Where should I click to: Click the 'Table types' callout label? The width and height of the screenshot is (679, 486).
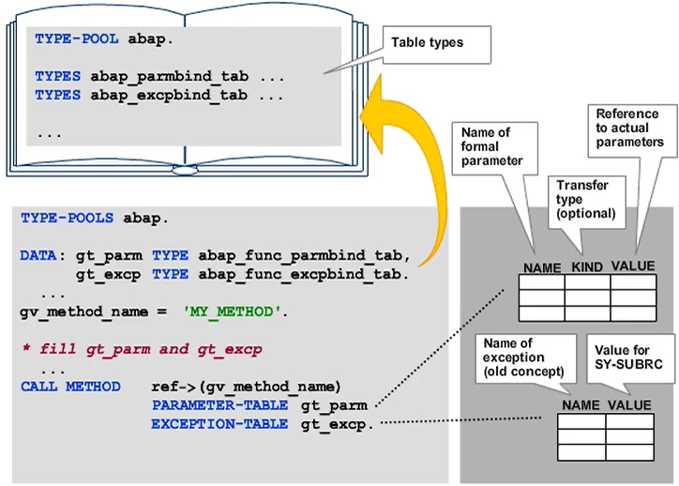pos(428,42)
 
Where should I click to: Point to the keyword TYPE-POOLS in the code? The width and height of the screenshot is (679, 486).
pos(65,218)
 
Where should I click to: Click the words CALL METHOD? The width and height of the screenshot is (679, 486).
pos(70,387)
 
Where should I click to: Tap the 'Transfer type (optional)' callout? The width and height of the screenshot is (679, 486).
pos(586,200)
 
